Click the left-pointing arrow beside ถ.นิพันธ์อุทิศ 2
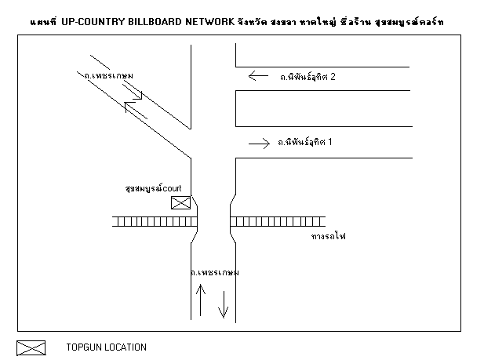tap(258, 75)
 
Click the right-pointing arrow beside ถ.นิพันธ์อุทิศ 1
tap(260, 144)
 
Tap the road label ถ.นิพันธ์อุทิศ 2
tap(308, 77)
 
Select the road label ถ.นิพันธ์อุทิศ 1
tap(304, 142)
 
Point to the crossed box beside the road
tap(181, 203)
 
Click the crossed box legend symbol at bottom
tap(31, 348)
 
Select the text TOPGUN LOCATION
tap(107, 347)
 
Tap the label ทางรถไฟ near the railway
tap(329, 236)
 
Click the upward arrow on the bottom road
tap(201, 300)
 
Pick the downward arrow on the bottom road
tap(223, 304)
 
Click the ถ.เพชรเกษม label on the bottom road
tap(215, 272)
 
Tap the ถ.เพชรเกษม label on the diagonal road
tap(109, 75)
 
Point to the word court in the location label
tap(172, 188)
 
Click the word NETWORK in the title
tap(210, 22)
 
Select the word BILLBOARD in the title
tap(155, 22)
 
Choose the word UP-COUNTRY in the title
tap(93, 22)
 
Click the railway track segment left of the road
tap(155, 222)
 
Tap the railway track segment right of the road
tap(278, 222)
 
